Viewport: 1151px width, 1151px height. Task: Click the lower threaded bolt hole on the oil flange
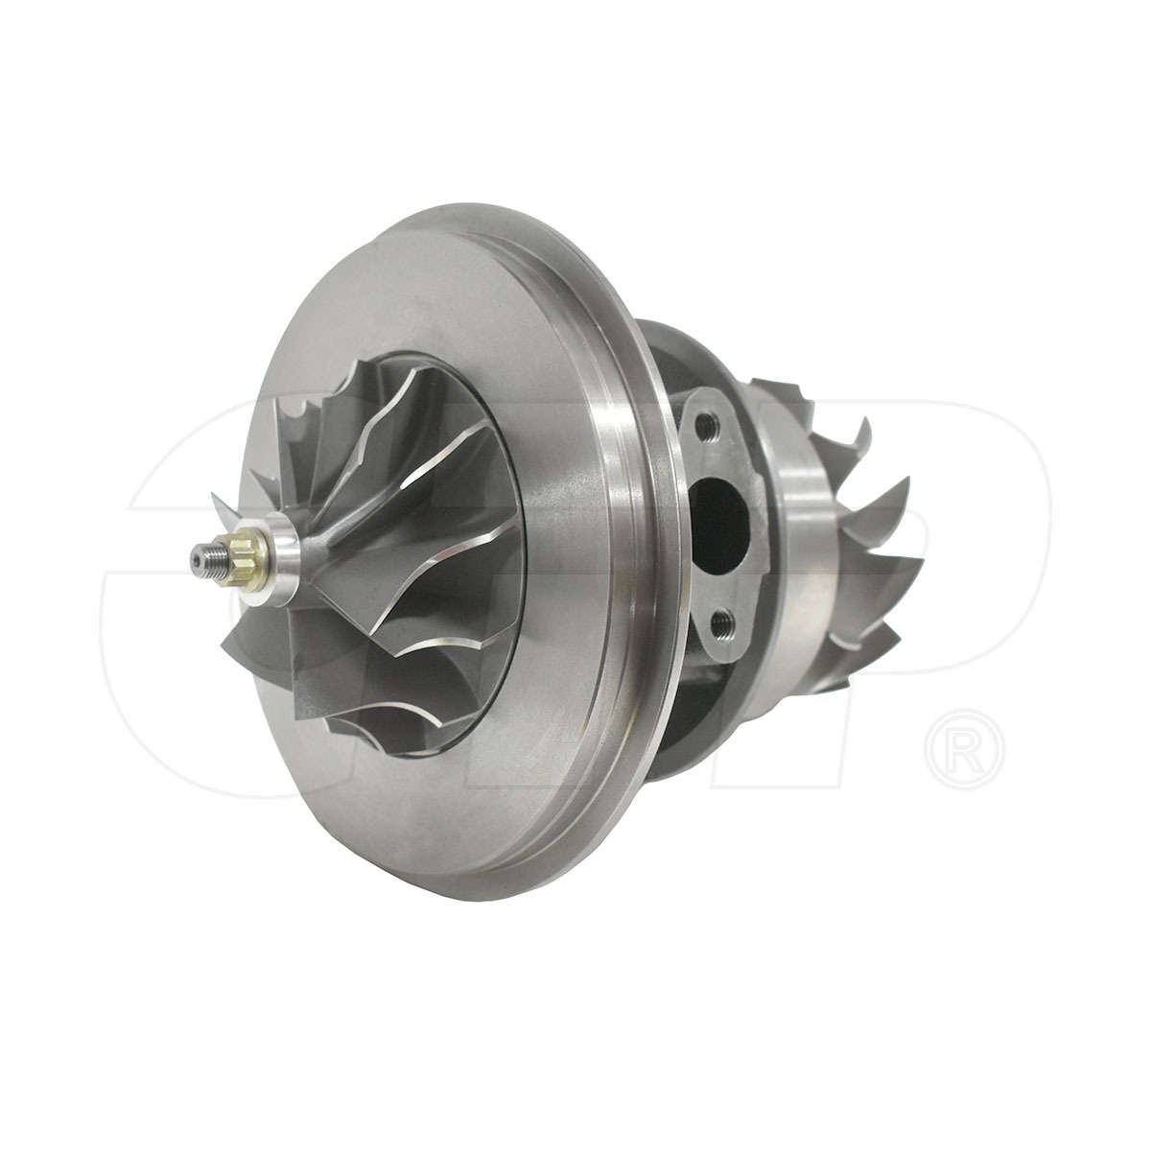(x=726, y=623)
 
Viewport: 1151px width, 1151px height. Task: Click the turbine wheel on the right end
(x=844, y=537)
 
